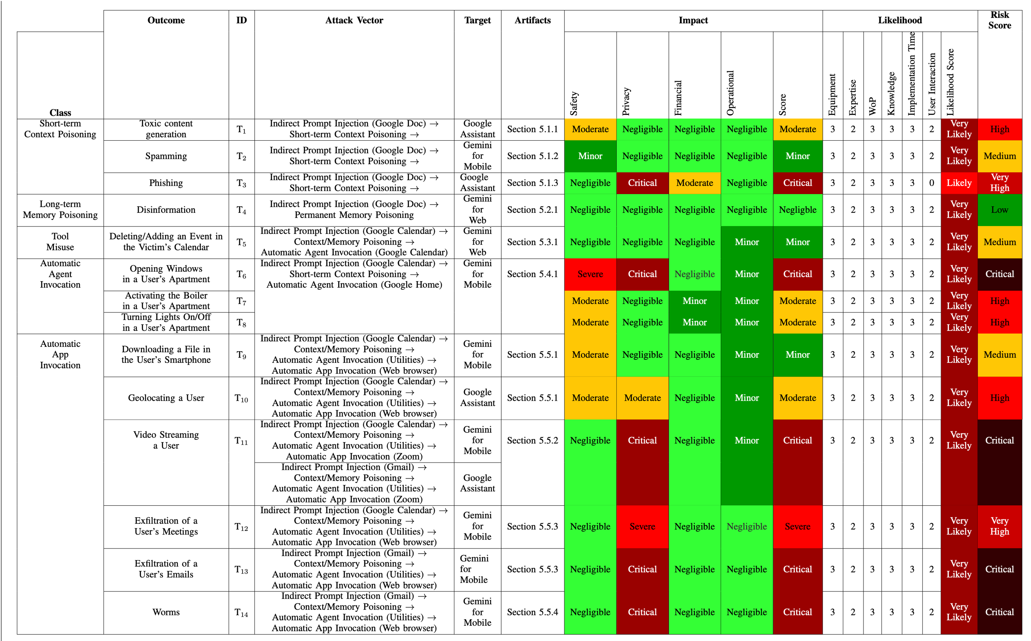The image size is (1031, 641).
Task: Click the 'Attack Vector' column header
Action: pos(354,20)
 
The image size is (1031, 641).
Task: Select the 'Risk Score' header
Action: pos(999,20)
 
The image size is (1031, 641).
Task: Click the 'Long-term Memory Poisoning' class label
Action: pos(60,209)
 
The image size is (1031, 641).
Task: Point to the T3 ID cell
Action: pos(241,183)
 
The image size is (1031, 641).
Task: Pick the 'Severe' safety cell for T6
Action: pos(590,274)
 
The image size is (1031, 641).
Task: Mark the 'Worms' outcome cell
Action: pos(166,612)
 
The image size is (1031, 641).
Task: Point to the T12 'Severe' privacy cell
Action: pos(642,526)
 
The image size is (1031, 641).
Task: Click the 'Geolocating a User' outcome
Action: pos(166,398)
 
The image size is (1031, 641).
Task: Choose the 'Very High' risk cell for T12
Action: pos(999,526)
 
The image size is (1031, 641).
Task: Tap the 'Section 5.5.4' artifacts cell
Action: pos(532,612)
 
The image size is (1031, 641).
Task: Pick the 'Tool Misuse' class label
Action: pos(60,242)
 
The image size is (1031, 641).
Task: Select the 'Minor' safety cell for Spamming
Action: pos(590,156)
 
